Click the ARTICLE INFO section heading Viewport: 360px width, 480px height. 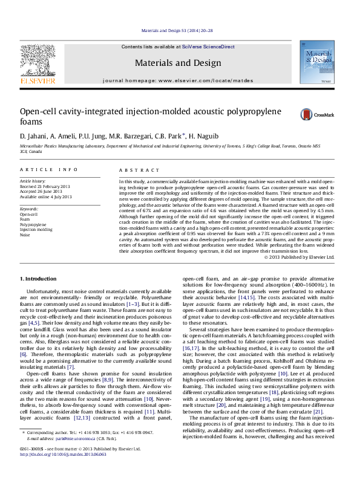point(49,170)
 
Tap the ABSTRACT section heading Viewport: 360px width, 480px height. point(134,170)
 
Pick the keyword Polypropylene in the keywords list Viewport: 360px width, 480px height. point(33,224)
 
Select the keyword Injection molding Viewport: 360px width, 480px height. point(36,229)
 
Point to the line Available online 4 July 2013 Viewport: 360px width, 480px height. point(46,196)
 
